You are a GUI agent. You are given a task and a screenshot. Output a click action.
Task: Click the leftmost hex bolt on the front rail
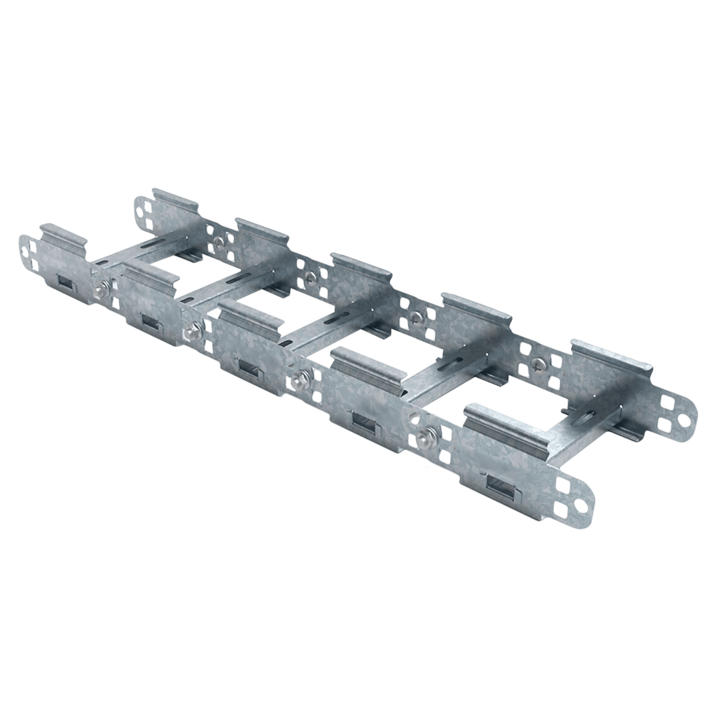(105, 288)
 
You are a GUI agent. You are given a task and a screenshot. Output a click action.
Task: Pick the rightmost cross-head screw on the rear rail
(538, 363)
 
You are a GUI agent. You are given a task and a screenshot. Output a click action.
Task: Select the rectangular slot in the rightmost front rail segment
(499, 483)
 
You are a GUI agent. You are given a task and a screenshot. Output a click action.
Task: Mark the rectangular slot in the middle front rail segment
(249, 365)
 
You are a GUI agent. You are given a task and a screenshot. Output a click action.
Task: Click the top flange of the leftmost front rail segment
(63, 235)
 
